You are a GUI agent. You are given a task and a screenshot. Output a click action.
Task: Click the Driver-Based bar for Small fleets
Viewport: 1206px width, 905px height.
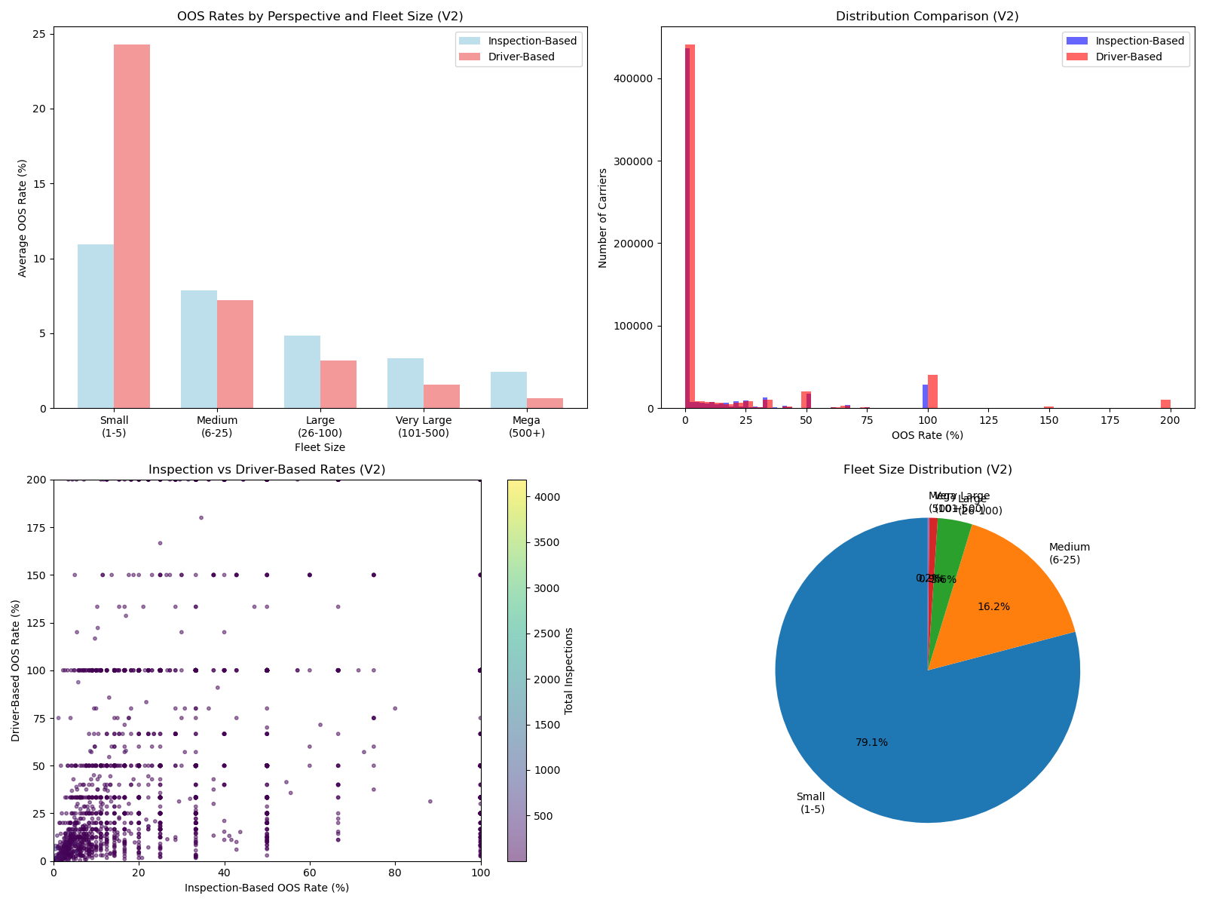pyautogui.click(x=132, y=226)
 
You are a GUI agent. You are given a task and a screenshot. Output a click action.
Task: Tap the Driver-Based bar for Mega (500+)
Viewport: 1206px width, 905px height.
pyautogui.click(x=545, y=403)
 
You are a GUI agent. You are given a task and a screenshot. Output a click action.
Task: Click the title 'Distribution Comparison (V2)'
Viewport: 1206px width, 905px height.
pyautogui.click(x=927, y=17)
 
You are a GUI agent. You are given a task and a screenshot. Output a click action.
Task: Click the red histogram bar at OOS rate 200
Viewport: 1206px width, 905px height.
pyautogui.click(x=1166, y=404)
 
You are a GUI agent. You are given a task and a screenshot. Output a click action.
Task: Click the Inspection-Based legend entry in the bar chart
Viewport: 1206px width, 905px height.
pyautogui.click(x=532, y=41)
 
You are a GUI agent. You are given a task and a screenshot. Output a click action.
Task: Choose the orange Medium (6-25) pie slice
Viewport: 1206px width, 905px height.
pyautogui.click(x=1010, y=596)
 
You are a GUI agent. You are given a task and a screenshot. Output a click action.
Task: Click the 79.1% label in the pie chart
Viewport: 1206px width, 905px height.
pyautogui.click(x=871, y=743)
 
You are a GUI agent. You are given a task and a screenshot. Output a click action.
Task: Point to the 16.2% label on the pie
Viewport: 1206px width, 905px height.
pyautogui.click(x=993, y=607)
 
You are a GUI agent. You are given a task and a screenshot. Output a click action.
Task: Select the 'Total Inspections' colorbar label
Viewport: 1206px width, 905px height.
pyautogui.click(x=569, y=670)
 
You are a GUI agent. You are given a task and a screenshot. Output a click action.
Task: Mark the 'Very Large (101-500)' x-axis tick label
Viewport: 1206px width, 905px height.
pyautogui.click(x=423, y=427)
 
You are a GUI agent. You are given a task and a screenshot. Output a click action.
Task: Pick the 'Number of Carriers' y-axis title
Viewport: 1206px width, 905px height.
pyautogui.click(x=603, y=218)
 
